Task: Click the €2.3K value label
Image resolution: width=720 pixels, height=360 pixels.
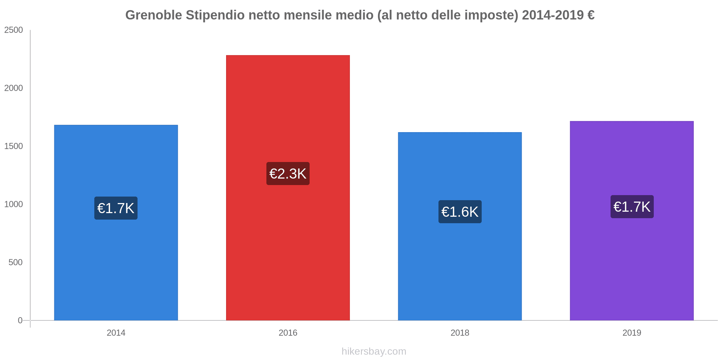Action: [288, 174]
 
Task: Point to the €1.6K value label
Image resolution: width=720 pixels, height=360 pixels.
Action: [460, 212]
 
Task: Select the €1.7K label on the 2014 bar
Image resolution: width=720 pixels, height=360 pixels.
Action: [116, 208]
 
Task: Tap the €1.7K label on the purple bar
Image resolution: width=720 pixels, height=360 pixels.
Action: [632, 207]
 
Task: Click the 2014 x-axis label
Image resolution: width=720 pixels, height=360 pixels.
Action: [116, 333]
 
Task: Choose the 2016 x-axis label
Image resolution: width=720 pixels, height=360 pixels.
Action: [288, 333]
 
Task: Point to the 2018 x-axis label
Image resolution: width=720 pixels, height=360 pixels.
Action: [460, 333]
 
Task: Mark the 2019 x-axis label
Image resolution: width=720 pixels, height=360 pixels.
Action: [631, 333]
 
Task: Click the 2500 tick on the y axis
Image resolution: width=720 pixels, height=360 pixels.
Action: [14, 30]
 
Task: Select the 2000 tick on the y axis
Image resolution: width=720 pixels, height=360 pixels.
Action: [14, 88]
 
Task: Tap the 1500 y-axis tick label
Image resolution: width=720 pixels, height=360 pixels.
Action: [14, 146]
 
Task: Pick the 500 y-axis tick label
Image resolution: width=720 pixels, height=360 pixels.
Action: [16, 262]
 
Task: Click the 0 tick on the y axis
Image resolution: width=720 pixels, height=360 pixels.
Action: [20, 320]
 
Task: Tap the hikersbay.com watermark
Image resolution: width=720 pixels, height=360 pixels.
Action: [374, 351]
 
